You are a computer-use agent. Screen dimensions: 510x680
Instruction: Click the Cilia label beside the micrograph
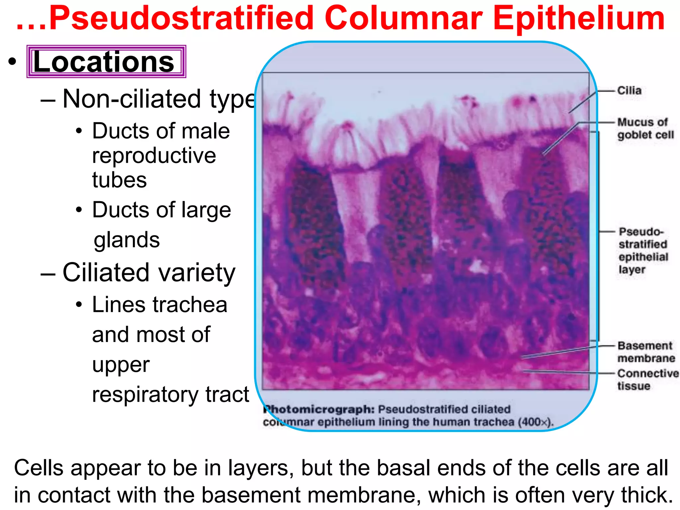(629, 90)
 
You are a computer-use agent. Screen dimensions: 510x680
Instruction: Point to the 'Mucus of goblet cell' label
(645, 128)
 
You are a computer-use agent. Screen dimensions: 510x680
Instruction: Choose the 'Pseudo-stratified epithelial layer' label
(643, 250)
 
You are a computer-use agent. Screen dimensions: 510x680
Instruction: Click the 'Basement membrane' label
(646, 352)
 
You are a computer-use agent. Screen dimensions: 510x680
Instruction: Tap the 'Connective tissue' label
(647, 380)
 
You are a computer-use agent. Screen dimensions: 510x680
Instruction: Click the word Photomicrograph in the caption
(319, 409)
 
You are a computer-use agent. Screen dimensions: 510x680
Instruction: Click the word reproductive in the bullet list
(154, 155)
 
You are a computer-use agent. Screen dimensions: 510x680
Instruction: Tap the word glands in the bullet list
(127, 240)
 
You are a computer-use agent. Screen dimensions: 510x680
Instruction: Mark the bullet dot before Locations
(12, 62)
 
